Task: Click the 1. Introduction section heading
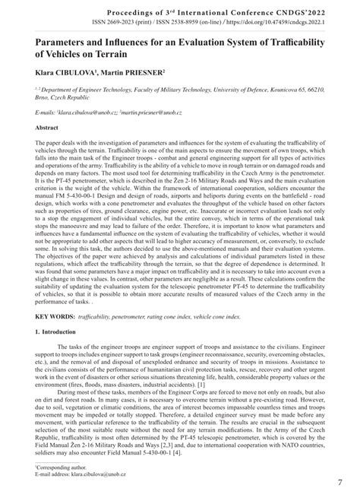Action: [x=59, y=332]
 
